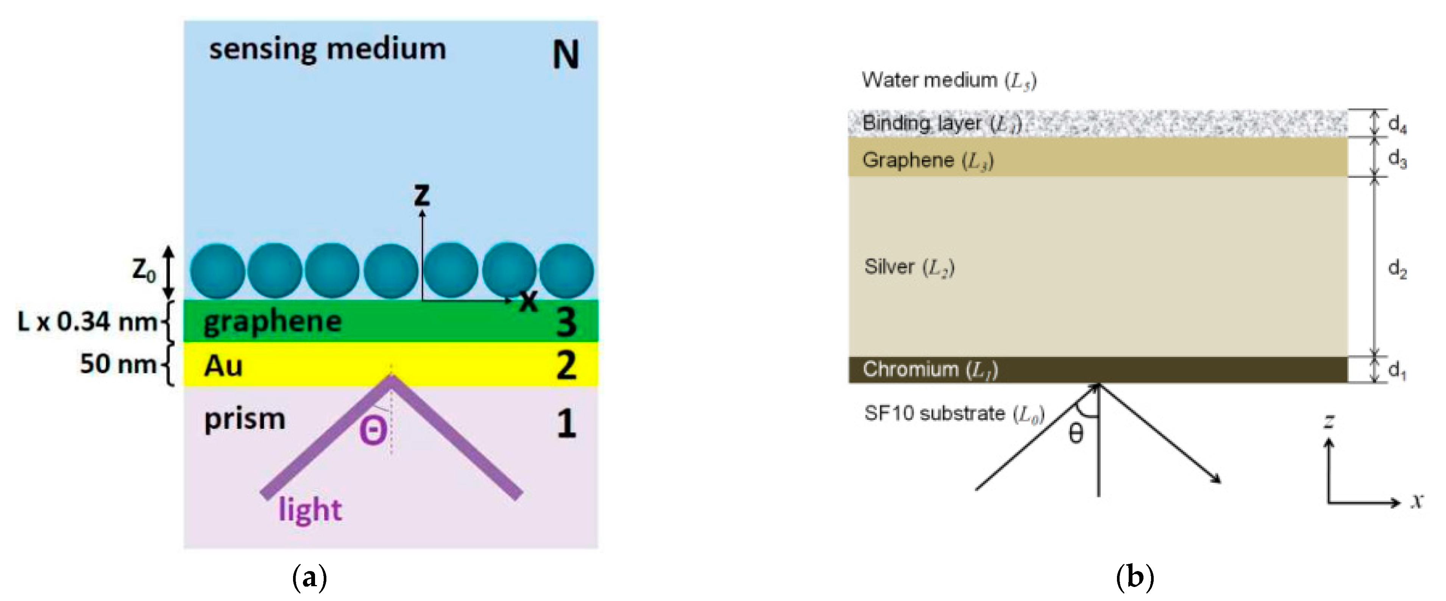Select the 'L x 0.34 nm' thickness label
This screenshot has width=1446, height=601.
(x=87, y=322)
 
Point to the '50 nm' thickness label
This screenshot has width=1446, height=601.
(x=118, y=364)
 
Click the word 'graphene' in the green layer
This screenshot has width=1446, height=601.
(x=272, y=322)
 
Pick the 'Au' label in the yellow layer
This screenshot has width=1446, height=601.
(x=223, y=366)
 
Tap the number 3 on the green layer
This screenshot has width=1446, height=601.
(x=566, y=322)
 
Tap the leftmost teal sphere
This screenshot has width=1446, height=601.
(x=218, y=271)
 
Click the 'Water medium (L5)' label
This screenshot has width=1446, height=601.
(x=948, y=80)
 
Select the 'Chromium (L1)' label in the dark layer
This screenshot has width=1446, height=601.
(x=930, y=369)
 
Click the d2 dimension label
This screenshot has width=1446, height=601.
(x=1397, y=269)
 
